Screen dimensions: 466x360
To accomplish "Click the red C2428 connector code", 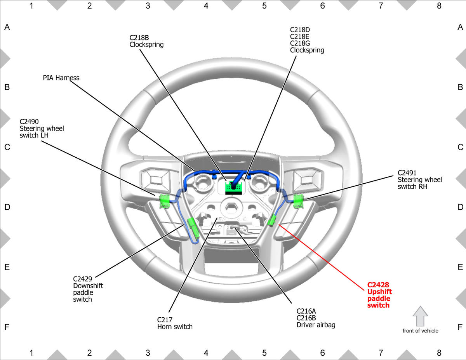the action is click(378, 285).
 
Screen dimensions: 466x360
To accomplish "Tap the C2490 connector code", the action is click(29, 122).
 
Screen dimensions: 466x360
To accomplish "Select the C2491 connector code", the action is click(407, 173).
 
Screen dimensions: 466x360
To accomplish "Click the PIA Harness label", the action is click(61, 78).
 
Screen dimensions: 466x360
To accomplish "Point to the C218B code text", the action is click(139, 38).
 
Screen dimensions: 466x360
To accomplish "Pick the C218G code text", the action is click(300, 43).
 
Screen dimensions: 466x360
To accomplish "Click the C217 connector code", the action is click(165, 320).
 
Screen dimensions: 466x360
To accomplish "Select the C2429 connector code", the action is click(83, 279).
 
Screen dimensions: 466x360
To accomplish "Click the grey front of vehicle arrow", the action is click(420, 316).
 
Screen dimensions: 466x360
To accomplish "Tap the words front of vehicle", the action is click(420, 331).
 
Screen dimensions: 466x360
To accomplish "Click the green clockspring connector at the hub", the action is click(233, 188).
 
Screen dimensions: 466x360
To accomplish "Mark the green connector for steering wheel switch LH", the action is click(165, 201).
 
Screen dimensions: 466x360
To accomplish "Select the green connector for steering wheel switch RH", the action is click(299, 201).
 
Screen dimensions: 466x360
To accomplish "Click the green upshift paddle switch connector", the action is click(271, 220).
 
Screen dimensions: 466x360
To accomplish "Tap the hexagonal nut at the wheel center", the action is click(231, 207).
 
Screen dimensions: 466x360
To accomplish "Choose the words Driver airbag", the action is click(316, 325).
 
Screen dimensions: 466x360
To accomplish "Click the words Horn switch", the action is click(175, 327).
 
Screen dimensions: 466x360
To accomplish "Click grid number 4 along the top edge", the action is click(206, 6).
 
